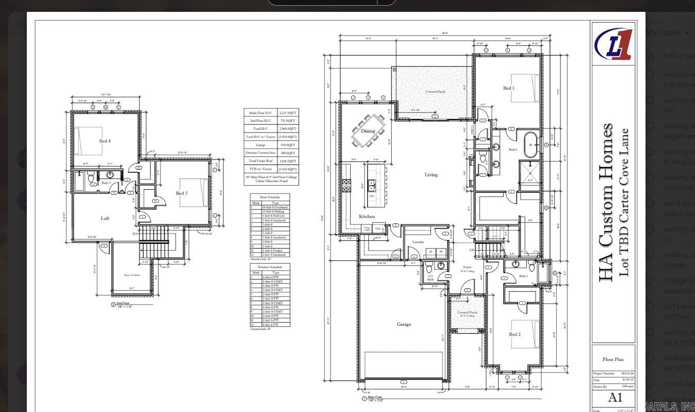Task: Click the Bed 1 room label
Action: tap(508, 88)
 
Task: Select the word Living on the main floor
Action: tap(431, 175)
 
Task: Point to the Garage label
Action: tap(404, 324)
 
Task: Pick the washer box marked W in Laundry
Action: tap(440, 252)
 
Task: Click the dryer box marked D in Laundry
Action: tap(431, 252)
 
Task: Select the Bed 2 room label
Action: tap(515, 334)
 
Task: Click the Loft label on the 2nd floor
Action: tap(105, 218)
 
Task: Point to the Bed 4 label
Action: tap(105, 141)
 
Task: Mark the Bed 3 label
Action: tap(181, 193)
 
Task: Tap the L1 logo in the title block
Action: tap(613, 44)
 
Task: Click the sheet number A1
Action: tap(615, 397)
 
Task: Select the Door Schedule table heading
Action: tap(270, 197)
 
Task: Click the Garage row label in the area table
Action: tap(260, 145)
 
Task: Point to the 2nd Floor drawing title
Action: tap(124, 304)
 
